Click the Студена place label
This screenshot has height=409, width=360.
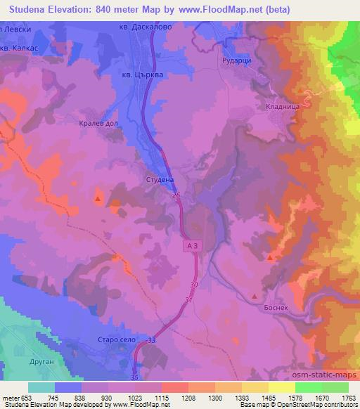pyautogui.click(x=160, y=180)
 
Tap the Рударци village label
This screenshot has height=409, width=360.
pyautogui.click(x=237, y=59)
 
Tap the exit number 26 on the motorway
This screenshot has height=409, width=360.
pyautogui.click(x=176, y=195)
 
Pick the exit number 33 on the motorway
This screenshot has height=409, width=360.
pyautogui.click(x=152, y=340)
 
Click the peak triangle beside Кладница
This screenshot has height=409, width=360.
pyautogui.click(x=302, y=91)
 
